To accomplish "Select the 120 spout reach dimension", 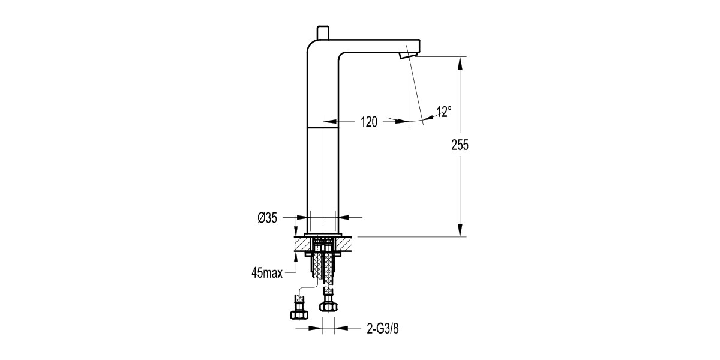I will click(368, 122).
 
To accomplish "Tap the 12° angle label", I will click(443, 112).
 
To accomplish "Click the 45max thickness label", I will click(268, 273).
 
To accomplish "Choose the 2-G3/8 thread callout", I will click(382, 328).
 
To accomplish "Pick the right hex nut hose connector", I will click(327, 306).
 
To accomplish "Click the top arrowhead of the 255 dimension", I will click(460, 62).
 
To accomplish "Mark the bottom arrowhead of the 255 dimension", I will click(460, 231).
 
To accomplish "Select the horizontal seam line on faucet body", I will click(323, 127).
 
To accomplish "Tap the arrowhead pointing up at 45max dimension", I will click(295, 256).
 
